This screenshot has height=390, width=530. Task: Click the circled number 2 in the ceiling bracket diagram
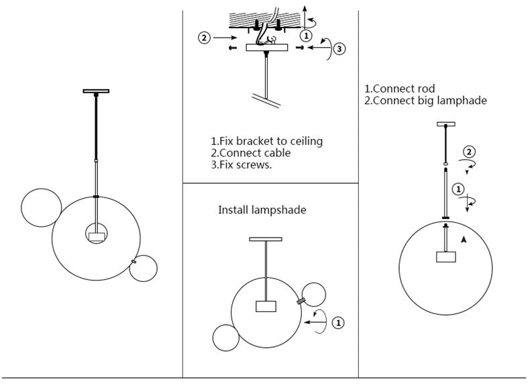click(205, 38)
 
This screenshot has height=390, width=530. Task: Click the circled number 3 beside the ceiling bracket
click(339, 48)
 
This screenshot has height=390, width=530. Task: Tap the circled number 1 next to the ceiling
click(306, 35)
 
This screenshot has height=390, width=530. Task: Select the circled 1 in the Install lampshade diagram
click(338, 323)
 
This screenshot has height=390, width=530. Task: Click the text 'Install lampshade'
click(262, 210)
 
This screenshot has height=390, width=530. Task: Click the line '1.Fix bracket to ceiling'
click(266, 141)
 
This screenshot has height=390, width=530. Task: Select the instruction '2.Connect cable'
click(250, 152)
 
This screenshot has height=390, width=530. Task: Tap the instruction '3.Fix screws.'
click(241, 164)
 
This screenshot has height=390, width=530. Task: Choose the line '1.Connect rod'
click(399, 89)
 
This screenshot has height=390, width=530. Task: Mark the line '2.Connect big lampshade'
click(425, 101)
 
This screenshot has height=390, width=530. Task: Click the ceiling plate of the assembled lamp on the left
click(96, 91)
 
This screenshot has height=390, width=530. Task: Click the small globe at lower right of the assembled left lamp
click(144, 269)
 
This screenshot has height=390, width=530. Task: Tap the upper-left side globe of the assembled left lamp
click(41, 209)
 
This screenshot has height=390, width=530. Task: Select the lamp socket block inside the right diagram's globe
click(446, 257)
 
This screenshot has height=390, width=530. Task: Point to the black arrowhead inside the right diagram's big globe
click(463, 239)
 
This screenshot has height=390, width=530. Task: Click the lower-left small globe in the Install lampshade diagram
click(225, 337)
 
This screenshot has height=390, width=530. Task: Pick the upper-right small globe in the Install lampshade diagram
click(313, 295)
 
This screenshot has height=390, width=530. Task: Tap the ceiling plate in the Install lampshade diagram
click(266, 239)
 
